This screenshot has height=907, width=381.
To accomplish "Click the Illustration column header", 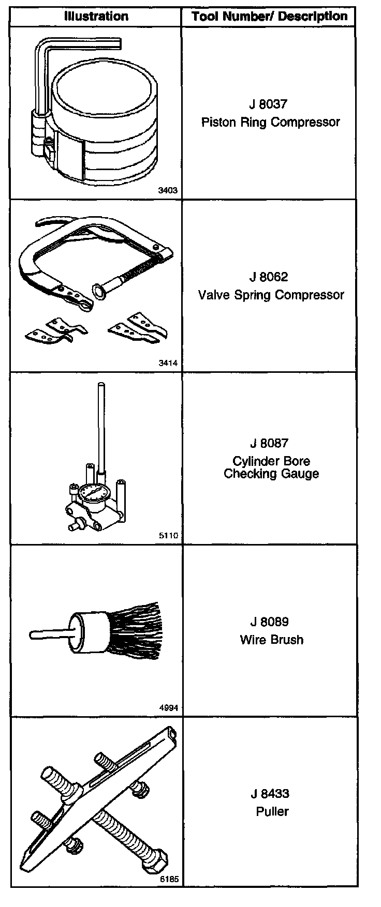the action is (96, 16).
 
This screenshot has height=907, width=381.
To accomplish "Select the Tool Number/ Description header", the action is (269, 16).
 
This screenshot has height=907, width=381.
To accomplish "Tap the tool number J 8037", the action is (268, 104).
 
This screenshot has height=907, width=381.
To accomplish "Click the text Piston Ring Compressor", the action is (270, 122).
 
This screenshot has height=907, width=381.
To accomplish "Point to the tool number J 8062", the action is (268, 277).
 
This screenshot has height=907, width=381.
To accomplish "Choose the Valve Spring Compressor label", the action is (271, 295).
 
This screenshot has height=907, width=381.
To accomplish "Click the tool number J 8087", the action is (268, 443).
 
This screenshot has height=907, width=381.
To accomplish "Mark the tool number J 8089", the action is (268, 622).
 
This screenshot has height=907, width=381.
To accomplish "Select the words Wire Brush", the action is (271, 640).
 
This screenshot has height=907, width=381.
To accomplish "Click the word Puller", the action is (272, 811).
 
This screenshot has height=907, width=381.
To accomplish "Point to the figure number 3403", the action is (168, 190).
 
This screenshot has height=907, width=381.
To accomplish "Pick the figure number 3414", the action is (168, 363).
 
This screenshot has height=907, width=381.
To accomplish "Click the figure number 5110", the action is (168, 536).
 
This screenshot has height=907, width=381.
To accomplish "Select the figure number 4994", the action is (168, 708).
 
